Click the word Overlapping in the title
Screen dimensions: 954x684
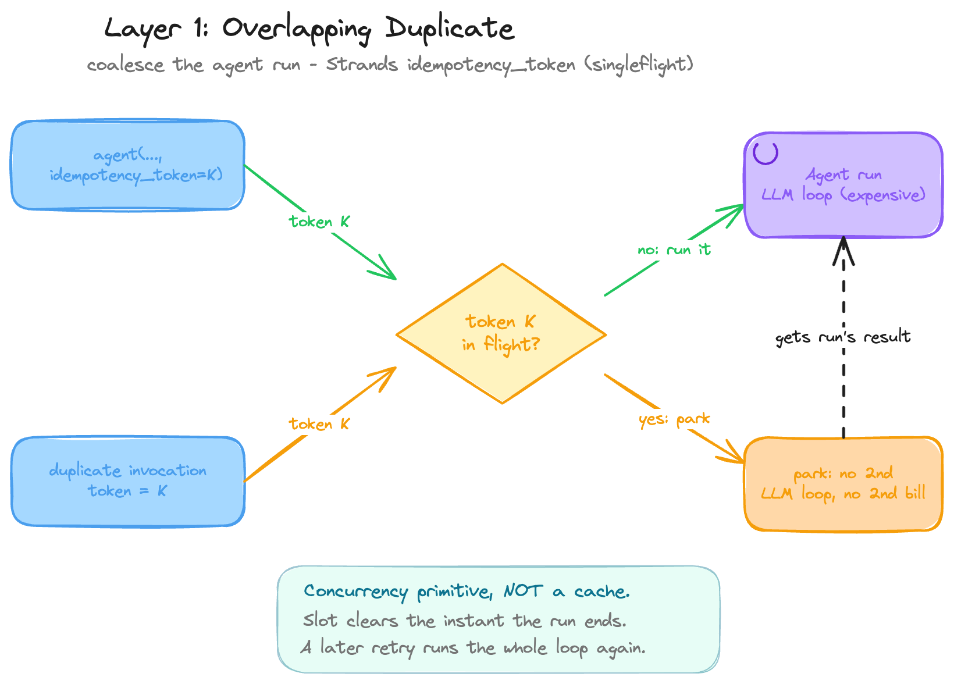(x=297, y=30)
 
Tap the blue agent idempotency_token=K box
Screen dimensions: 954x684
(x=128, y=165)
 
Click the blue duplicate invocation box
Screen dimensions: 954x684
(x=128, y=482)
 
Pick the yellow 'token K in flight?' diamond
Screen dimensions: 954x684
(x=501, y=334)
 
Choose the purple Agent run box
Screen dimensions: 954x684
(x=843, y=185)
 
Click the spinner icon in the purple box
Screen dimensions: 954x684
(x=766, y=154)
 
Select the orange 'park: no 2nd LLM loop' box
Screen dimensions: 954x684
(x=843, y=484)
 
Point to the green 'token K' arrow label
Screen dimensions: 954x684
(x=319, y=222)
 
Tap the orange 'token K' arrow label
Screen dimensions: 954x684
(x=319, y=424)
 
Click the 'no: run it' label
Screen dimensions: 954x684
(x=674, y=249)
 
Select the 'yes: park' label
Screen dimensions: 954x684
(x=674, y=419)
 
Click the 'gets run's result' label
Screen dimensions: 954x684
(x=843, y=337)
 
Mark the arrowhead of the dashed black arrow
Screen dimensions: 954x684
(x=843, y=238)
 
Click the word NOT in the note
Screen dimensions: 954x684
(x=524, y=591)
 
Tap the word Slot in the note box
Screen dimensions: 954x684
(x=321, y=620)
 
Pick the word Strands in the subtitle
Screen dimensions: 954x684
(x=362, y=65)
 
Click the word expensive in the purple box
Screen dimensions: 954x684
(x=882, y=195)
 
